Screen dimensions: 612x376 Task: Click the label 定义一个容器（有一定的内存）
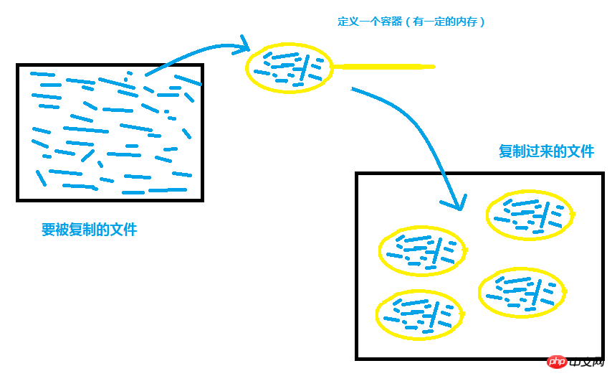coord(411,22)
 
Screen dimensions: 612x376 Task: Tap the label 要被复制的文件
coord(90,230)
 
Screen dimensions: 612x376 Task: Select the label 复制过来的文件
coord(546,151)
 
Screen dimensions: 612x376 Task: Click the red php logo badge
coord(557,362)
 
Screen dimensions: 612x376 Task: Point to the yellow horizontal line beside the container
coord(383,67)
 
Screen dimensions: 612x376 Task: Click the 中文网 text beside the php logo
coord(587,362)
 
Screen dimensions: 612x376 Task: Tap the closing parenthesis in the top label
coord(482,22)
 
